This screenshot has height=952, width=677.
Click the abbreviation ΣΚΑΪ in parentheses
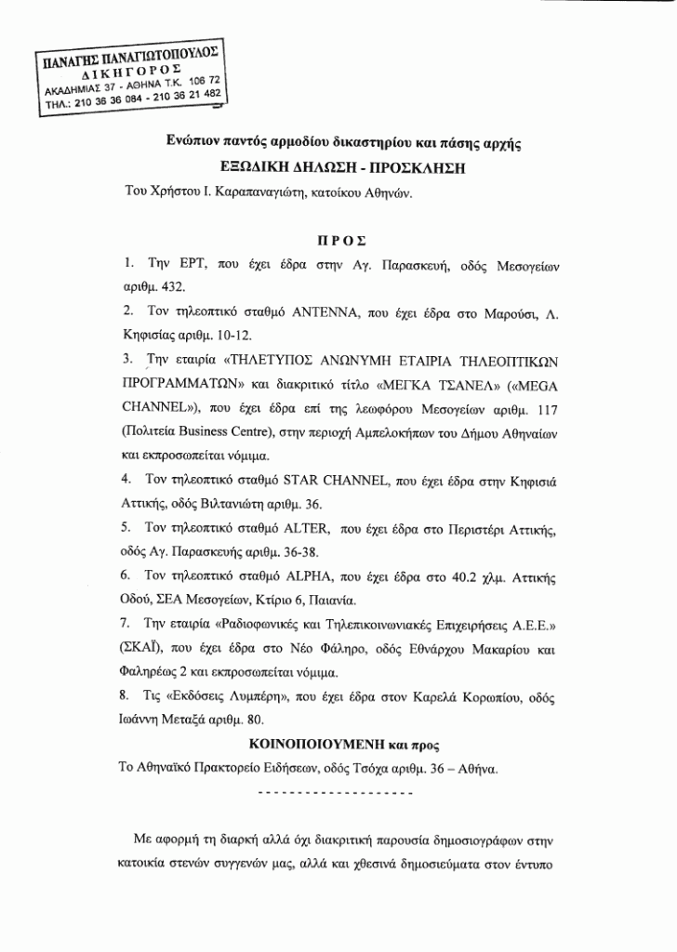tap(144, 649)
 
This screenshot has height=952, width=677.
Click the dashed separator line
tap(334, 794)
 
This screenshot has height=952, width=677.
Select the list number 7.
tap(127, 625)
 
